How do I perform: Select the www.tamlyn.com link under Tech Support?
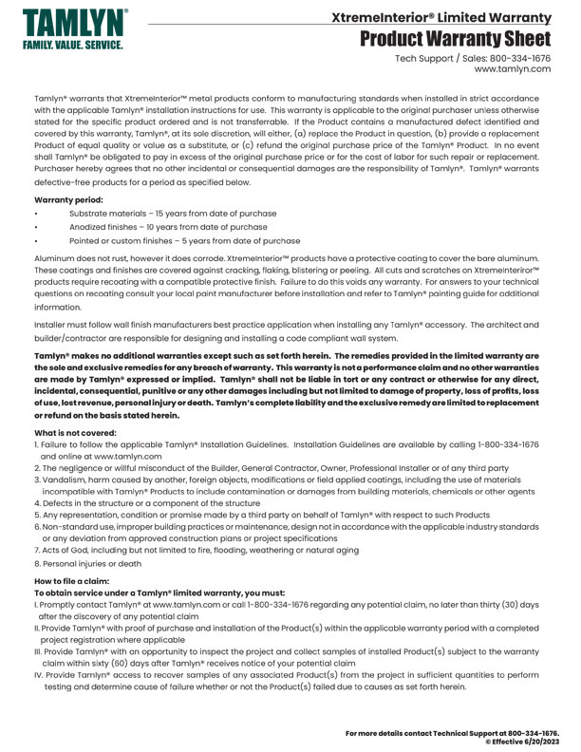point(513,70)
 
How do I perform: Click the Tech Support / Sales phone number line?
point(473,59)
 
